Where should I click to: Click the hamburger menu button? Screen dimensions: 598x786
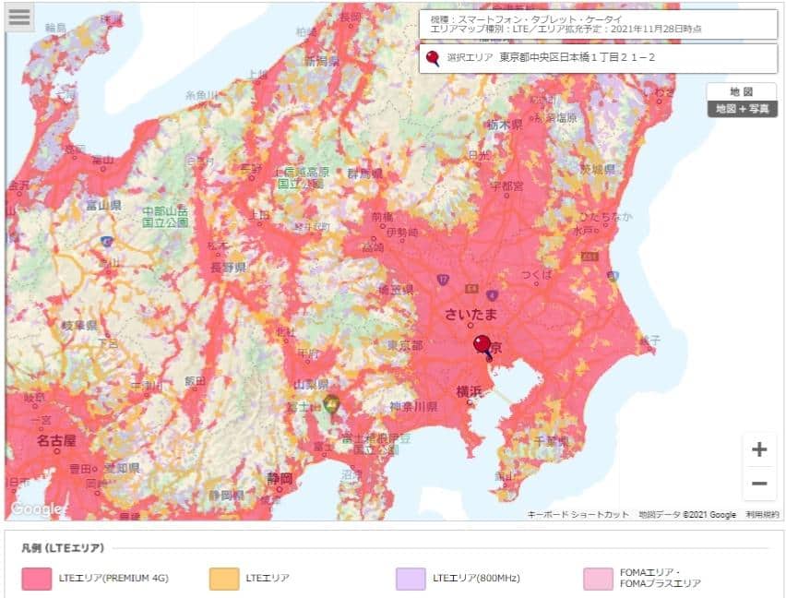(x=19, y=18)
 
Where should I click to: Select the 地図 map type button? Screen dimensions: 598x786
(x=742, y=91)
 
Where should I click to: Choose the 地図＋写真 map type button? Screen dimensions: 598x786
(x=742, y=109)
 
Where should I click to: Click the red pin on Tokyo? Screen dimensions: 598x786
(x=482, y=346)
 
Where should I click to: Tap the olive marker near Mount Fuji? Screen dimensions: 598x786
(x=331, y=404)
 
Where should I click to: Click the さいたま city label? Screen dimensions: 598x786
(x=471, y=314)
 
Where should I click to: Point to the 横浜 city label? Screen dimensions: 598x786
(x=469, y=391)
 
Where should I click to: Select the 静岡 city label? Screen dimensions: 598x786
(x=280, y=478)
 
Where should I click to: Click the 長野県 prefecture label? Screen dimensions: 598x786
(x=227, y=268)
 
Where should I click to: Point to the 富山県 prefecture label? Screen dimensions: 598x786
(x=103, y=205)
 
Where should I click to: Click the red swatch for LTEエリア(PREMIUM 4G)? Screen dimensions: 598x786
(x=36, y=579)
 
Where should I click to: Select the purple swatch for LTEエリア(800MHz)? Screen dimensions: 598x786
(x=411, y=579)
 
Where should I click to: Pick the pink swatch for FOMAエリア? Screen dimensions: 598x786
(x=598, y=579)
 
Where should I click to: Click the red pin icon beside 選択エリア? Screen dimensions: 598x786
(x=433, y=58)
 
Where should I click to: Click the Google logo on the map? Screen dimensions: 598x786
(x=35, y=508)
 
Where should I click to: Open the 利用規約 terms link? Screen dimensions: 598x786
(x=762, y=515)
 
